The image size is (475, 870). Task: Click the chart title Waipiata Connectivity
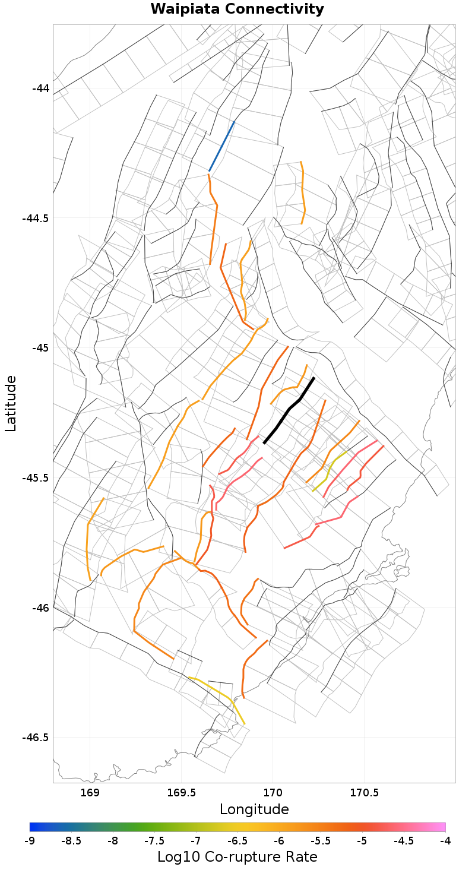click(237, 10)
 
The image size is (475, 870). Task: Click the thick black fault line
click(289, 409)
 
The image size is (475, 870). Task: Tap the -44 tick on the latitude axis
click(40, 88)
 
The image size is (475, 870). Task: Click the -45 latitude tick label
click(40, 347)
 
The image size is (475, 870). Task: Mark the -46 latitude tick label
click(40, 608)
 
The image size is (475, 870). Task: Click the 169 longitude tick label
click(90, 793)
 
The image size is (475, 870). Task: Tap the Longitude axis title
click(254, 809)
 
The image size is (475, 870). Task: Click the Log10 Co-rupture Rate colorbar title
click(237, 857)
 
